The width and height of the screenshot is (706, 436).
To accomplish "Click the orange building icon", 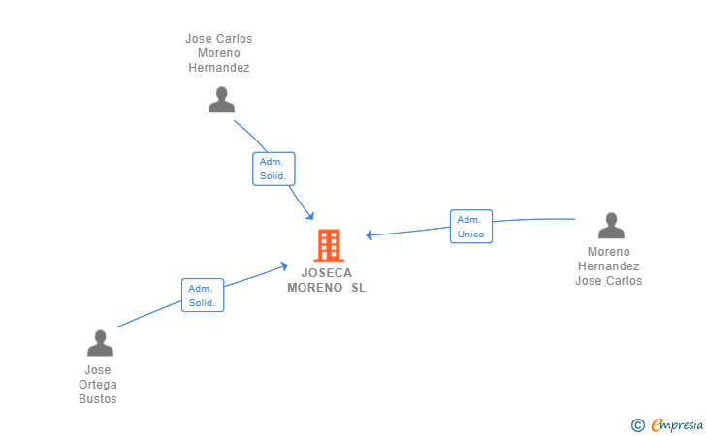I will tap(329, 245).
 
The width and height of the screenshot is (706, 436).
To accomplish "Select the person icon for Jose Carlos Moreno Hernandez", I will tap(222, 100).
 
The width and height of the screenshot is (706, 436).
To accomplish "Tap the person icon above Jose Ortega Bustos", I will tap(100, 343).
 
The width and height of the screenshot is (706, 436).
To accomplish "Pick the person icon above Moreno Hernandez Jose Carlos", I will tap(611, 226).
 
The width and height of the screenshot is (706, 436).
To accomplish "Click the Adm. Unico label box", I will tap(471, 227).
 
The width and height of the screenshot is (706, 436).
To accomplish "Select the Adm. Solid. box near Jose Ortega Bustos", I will tap(203, 296).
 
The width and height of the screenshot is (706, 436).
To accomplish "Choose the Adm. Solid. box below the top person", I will tap(273, 169).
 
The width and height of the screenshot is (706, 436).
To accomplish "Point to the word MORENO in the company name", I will tap(315, 288).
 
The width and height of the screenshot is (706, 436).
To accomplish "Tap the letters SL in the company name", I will tap(359, 288).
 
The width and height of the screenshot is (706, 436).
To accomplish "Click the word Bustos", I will tap(98, 399).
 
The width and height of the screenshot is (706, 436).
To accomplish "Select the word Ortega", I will tap(98, 385).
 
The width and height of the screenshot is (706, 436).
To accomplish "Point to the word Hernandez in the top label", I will tap(219, 68).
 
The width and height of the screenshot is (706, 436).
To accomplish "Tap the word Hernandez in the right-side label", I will tap(609, 266).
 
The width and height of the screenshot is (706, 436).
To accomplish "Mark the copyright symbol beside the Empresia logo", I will tap(637, 424).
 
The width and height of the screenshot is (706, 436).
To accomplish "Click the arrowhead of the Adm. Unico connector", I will tap(369, 234).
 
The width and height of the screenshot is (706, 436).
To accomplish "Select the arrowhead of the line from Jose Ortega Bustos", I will tap(283, 265).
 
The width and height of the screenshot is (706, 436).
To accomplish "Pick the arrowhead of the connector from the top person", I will tap(310, 215).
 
